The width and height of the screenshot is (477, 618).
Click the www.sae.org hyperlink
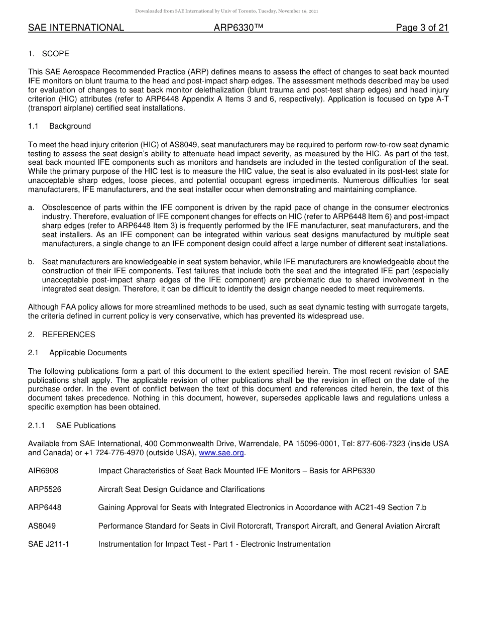click(x=221, y=453)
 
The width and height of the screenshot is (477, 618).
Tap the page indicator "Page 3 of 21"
click(x=422, y=28)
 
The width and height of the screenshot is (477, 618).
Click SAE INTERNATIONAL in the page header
click(x=76, y=28)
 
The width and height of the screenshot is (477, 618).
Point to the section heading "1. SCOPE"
click(x=49, y=54)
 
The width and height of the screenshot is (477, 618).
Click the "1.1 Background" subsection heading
click(x=59, y=126)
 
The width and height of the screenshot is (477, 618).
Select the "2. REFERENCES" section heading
click(x=61, y=335)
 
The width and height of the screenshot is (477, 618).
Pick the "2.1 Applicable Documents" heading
click(x=77, y=353)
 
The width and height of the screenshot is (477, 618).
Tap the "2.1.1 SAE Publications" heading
click(x=72, y=426)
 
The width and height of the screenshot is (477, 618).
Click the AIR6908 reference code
click(x=45, y=471)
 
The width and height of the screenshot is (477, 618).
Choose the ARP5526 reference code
click(x=45, y=489)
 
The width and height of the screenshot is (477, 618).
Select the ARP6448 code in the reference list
click(x=45, y=507)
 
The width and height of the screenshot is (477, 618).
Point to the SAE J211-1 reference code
click(x=49, y=544)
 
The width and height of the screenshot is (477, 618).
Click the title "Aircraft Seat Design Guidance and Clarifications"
click(x=181, y=489)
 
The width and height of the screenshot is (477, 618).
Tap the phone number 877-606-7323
click(x=390, y=444)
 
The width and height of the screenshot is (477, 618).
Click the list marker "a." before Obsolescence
click(x=32, y=208)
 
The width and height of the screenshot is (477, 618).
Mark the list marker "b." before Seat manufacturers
click(x=32, y=262)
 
